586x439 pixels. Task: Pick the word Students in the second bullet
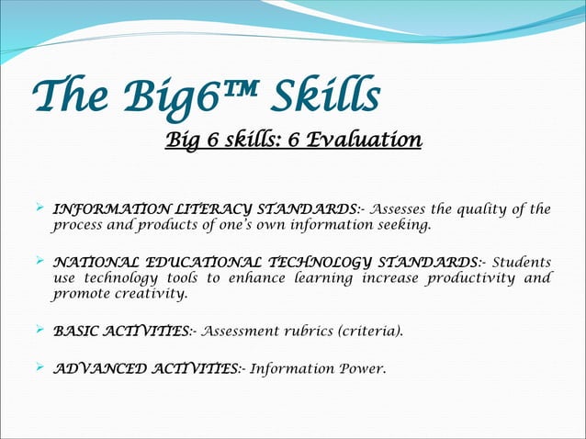pyautogui.click(x=522, y=262)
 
